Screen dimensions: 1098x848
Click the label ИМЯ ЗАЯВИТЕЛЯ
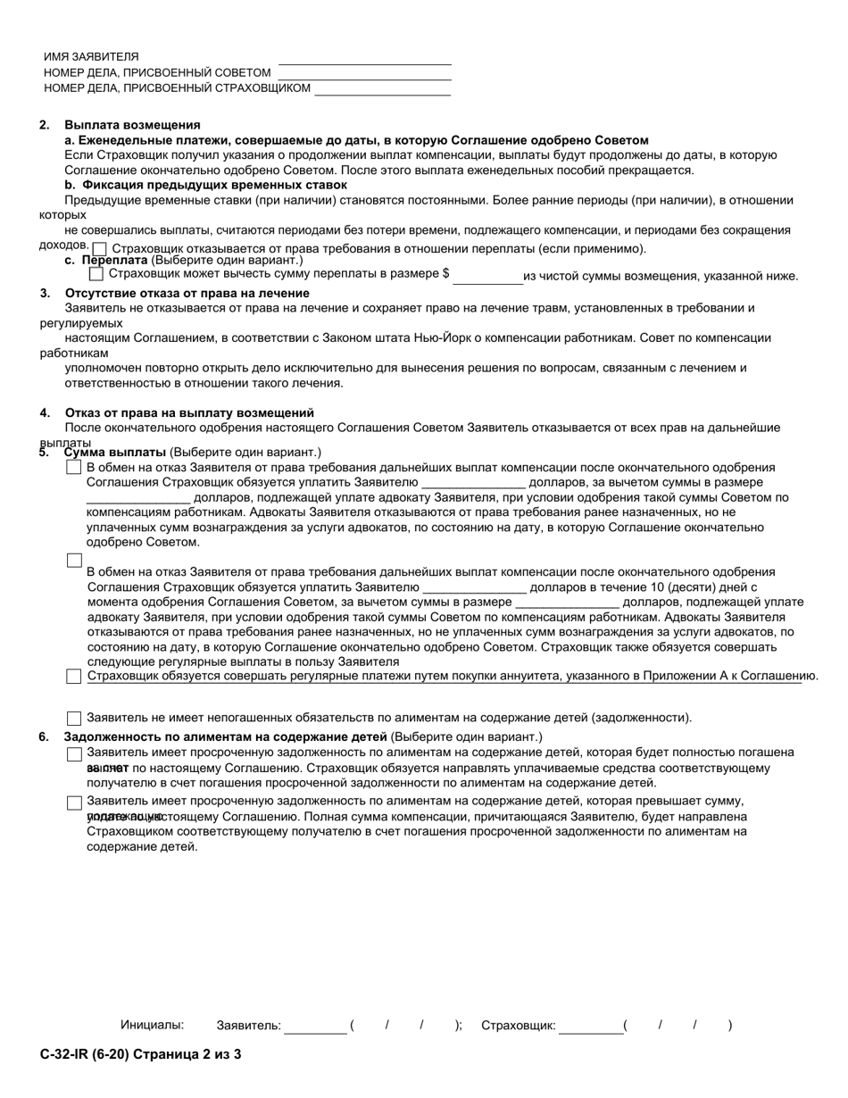tap(91, 56)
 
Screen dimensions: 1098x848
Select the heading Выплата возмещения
tap(132, 125)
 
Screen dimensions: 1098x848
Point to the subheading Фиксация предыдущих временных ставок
tap(214, 185)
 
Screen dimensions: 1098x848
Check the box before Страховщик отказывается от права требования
tap(100, 249)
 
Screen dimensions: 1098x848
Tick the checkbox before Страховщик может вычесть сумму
tap(96, 274)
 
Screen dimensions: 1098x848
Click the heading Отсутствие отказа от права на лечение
tap(187, 294)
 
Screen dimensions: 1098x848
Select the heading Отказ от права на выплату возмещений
tap(189, 413)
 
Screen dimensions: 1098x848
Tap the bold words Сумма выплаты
tap(115, 452)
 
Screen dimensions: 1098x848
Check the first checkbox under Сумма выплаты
tap(74, 468)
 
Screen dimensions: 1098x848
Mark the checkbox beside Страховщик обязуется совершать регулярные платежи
tap(74, 677)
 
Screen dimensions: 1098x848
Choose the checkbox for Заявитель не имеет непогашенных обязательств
tap(74, 719)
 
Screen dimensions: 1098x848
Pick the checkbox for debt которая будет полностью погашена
tap(74, 754)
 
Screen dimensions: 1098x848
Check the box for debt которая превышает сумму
tap(74, 803)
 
